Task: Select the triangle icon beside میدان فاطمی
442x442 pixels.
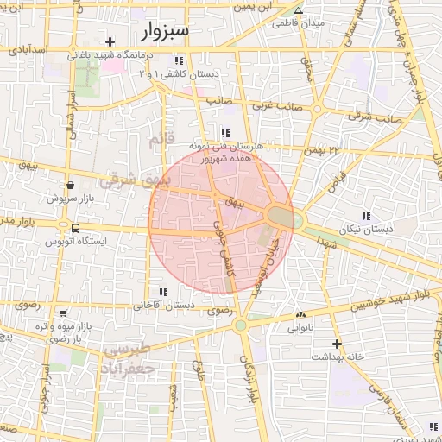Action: (x=298, y=11)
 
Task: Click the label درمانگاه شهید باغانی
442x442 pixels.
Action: (x=110, y=54)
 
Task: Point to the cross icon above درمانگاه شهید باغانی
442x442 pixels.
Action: (x=110, y=41)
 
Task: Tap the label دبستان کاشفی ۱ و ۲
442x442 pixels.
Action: (x=177, y=74)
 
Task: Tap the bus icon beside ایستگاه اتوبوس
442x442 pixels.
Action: (x=76, y=229)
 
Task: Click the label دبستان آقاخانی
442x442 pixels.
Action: (x=164, y=306)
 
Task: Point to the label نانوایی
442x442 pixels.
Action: (x=300, y=328)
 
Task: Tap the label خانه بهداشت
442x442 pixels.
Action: (x=335, y=357)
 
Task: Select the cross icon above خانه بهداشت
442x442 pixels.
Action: (x=336, y=344)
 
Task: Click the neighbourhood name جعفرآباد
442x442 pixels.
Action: (x=132, y=367)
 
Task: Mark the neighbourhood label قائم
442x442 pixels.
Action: (x=161, y=139)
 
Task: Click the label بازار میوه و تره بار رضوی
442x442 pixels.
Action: (x=62, y=332)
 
